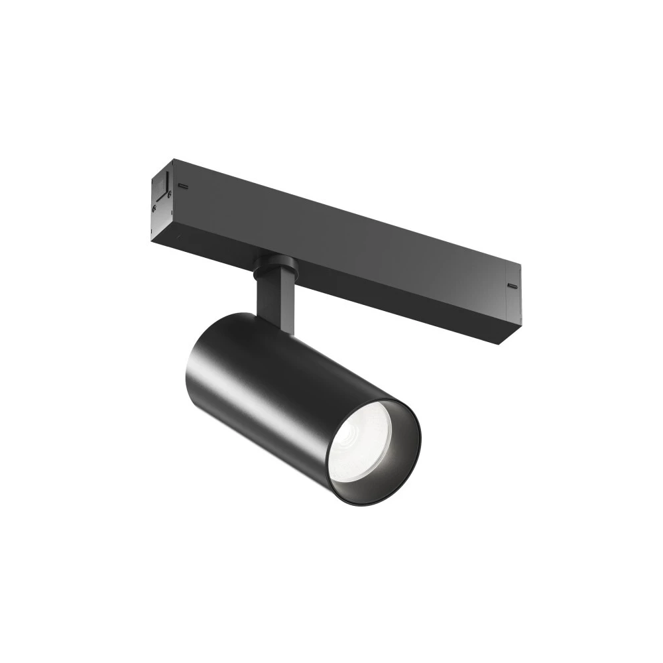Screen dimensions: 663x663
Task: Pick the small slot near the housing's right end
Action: pyautogui.click(x=512, y=286)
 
